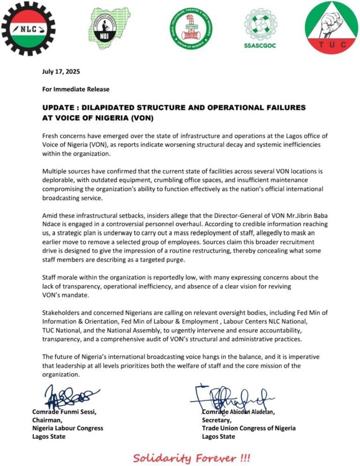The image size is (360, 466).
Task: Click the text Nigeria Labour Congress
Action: pyautogui.click(x=67, y=428)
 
